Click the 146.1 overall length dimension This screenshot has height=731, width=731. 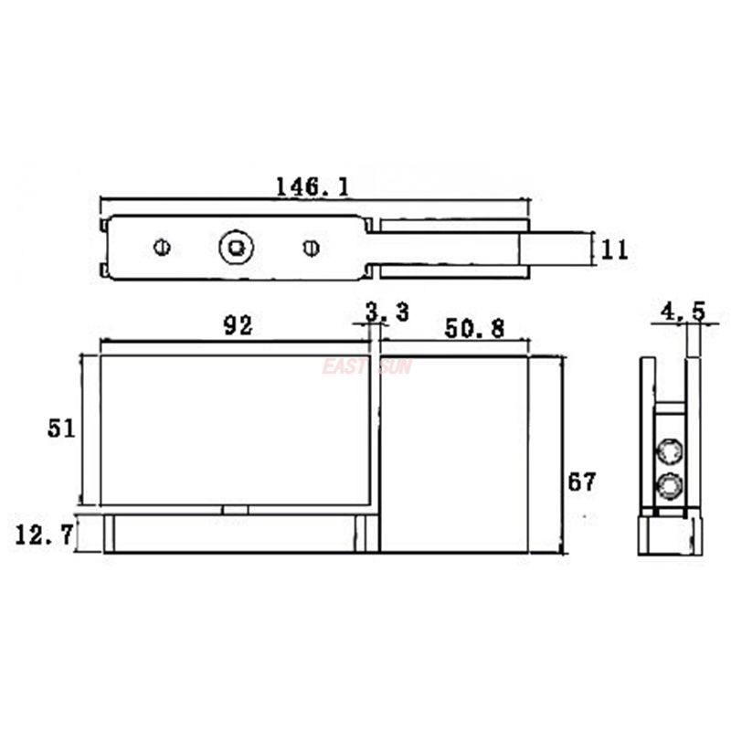pyautogui.click(x=312, y=186)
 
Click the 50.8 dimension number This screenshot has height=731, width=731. pyautogui.click(x=474, y=329)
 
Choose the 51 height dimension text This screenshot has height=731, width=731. pyautogui.click(x=61, y=429)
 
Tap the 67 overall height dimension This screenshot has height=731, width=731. pyautogui.click(x=581, y=482)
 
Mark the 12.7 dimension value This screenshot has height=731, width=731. pyautogui.click(x=44, y=535)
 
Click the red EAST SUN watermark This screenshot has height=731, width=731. pyautogui.click(x=366, y=366)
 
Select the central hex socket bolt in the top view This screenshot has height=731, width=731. pyautogui.click(x=236, y=247)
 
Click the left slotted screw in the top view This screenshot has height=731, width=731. pyautogui.click(x=162, y=247)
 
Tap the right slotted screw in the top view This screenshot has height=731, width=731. pyautogui.click(x=311, y=247)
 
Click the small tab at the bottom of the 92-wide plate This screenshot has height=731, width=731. pyautogui.click(x=235, y=510)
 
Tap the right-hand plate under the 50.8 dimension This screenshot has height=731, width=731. pyautogui.click(x=454, y=452)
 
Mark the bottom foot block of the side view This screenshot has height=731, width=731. pyautogui.click(x=670, y=535)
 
